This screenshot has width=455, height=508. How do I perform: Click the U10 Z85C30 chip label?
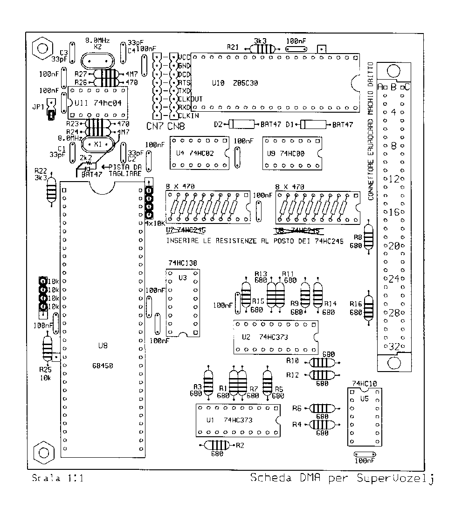click(234, 83)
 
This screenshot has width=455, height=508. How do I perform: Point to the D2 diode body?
click(242, 124)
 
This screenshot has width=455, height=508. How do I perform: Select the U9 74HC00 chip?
click(291, 153)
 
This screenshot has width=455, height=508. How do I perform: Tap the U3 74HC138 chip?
click(183, 303)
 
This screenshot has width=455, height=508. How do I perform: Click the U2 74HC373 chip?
click(275, 337)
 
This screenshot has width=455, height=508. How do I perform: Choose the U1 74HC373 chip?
click(238, 420)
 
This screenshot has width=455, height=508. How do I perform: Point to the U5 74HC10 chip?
click(365, 417)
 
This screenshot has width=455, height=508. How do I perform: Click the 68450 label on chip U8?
click(103, 366)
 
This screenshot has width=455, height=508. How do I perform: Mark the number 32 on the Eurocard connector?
click(394, 346)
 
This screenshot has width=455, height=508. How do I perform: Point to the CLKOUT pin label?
click(189, 99)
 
